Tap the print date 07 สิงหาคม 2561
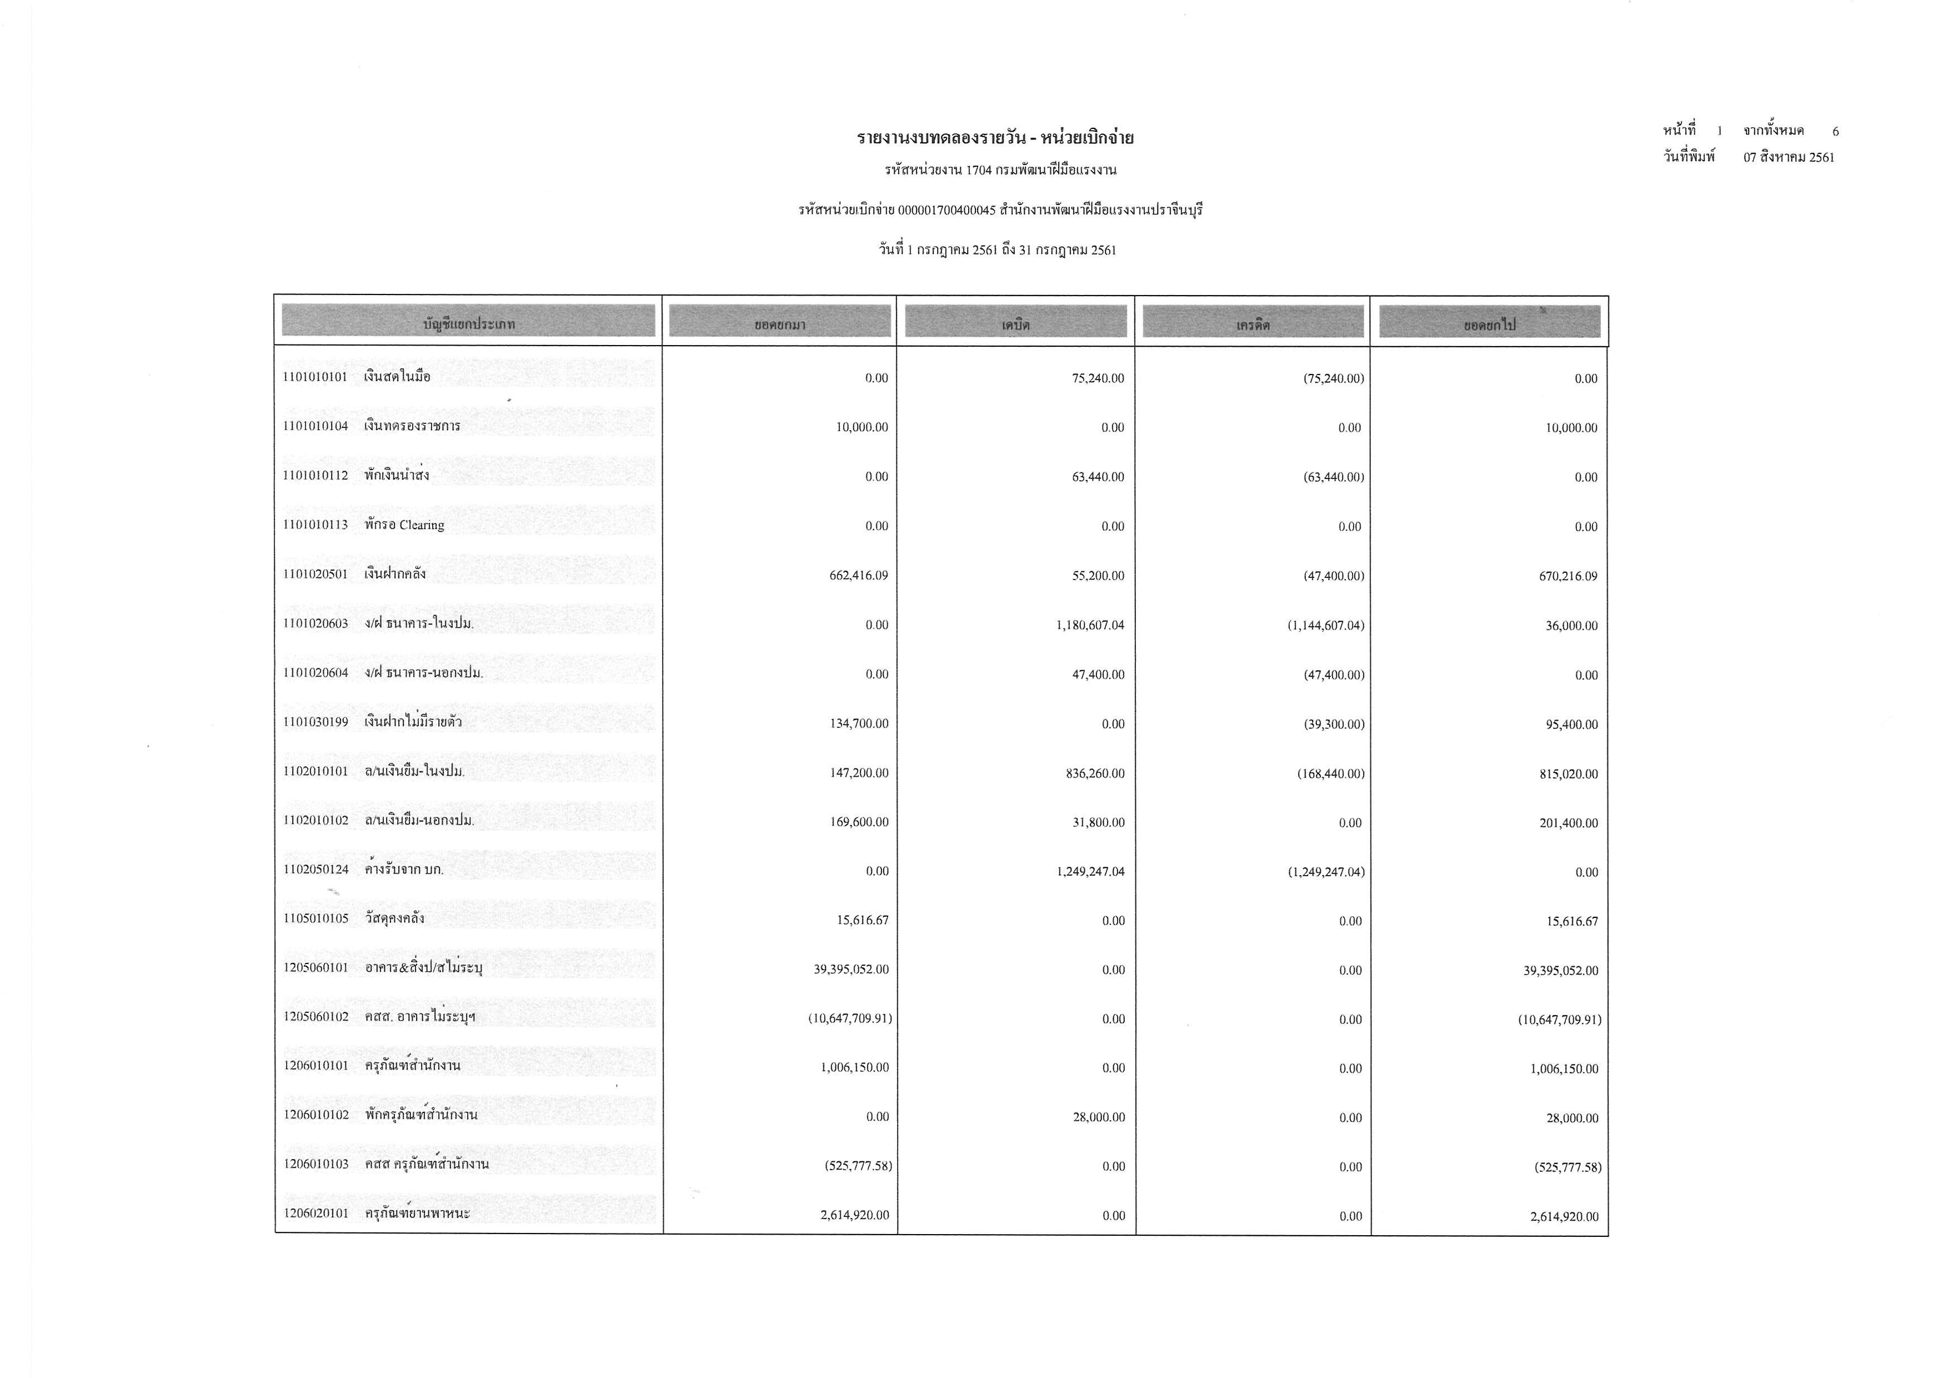coord(1789,157)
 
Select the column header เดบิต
coord(1015,323)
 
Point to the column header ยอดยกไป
coord(1489,324)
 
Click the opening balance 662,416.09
coord(859,575)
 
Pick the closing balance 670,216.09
coord(1568,576)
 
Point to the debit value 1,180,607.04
coord(1090,625)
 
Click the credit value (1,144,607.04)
coord(1325,625)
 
